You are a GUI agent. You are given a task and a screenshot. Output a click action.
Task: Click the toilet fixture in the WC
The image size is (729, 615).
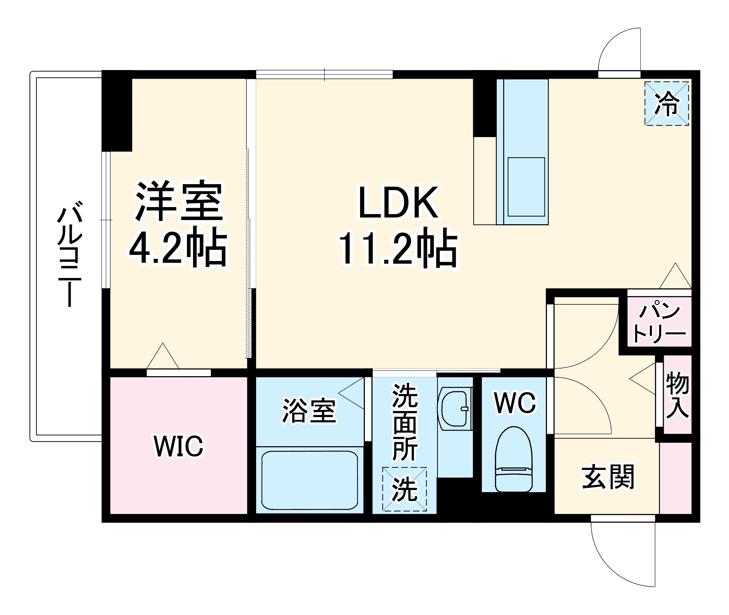(x=513, y=460)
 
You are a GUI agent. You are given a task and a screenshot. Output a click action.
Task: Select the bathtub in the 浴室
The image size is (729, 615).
(x=309, y=480)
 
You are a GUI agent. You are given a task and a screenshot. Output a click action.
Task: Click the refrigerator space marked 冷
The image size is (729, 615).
(x=666, y=104)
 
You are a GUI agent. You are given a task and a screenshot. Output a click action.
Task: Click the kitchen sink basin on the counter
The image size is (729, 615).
(x=526, y=187)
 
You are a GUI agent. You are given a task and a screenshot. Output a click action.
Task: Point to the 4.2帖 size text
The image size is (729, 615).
(x=178, y=248)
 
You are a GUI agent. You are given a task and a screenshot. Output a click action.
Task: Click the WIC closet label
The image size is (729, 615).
(x=178, y=446)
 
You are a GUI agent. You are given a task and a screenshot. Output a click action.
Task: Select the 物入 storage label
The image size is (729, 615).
(x=677, y=395)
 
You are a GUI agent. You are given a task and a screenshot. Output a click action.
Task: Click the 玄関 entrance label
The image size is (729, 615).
(x=607, y=476)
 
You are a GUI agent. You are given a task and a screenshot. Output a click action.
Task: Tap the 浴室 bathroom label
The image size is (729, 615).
(x=309, y=411)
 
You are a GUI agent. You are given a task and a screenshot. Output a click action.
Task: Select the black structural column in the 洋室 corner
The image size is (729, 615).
(x=117, y=111)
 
